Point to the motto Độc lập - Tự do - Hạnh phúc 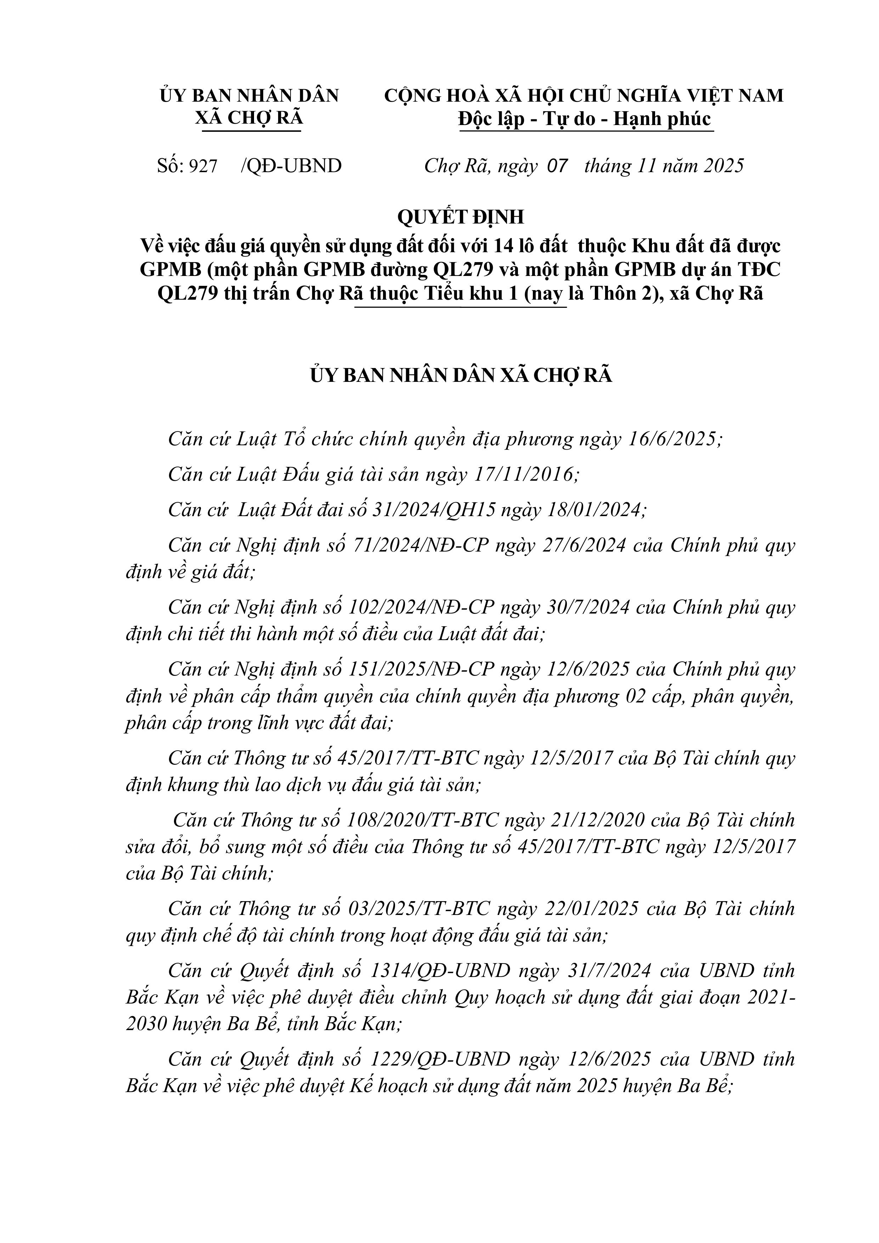(585, 119)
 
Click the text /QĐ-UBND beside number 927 (291, 166)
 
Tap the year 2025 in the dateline (723, 166)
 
